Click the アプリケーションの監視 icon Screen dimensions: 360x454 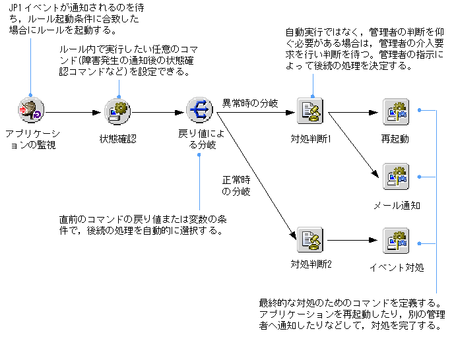30,111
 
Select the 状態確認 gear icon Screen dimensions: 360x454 118,111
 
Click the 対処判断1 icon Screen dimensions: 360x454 309,111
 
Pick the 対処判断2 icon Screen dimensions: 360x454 309,241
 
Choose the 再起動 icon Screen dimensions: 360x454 396,111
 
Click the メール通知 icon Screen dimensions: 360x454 396,177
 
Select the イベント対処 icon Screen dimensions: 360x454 396,241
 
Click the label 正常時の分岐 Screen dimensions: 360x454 236,185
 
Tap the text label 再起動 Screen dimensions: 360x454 395,139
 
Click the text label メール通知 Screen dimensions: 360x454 397,205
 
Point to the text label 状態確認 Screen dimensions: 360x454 117,138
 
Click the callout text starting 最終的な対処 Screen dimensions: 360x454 350,315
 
